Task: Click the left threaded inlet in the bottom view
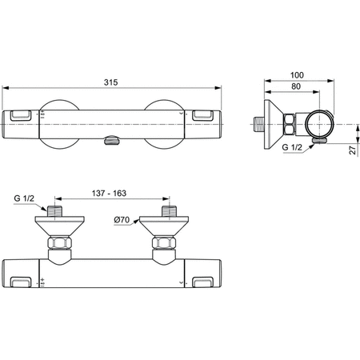coord(57,210)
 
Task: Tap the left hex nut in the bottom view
coord(57,243)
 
